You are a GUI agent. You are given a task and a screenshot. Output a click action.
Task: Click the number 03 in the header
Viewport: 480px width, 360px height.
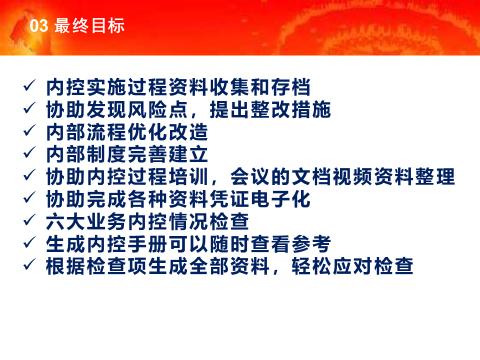coord(39,25)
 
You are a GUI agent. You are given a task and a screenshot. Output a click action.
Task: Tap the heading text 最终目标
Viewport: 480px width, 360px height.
coord(89,25)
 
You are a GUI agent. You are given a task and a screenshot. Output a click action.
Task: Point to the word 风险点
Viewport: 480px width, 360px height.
coord(157,109)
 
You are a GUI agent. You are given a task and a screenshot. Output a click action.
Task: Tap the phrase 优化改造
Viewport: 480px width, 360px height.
coord(168,132)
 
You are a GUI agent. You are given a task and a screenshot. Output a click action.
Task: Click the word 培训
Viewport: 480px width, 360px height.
coord(188,176)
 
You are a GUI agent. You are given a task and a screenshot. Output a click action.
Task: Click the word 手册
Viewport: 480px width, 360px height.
coord(147,243)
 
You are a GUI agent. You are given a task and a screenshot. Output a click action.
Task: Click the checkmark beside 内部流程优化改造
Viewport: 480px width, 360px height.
coord(29,130)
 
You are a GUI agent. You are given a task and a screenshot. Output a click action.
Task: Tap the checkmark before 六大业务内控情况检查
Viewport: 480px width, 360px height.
coord(29,220)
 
